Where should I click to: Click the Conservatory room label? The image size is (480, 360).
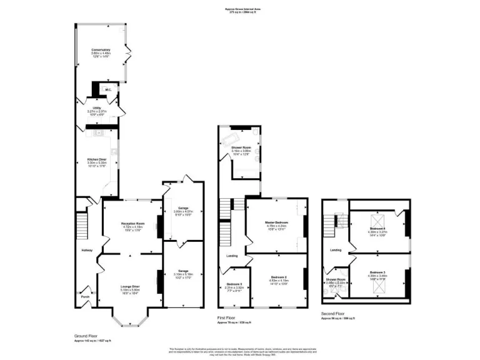click(101, 49)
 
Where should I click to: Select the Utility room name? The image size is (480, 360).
click(97, 108)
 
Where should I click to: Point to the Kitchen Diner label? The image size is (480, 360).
click(97, 159)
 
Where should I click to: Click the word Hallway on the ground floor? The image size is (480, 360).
click(86, 251)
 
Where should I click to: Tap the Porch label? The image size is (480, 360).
click(86, 296)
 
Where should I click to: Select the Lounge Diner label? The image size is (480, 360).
click(130, 286)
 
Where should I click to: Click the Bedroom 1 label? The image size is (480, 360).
click(235, 285)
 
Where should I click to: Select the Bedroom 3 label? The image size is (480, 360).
click(376, 272)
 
